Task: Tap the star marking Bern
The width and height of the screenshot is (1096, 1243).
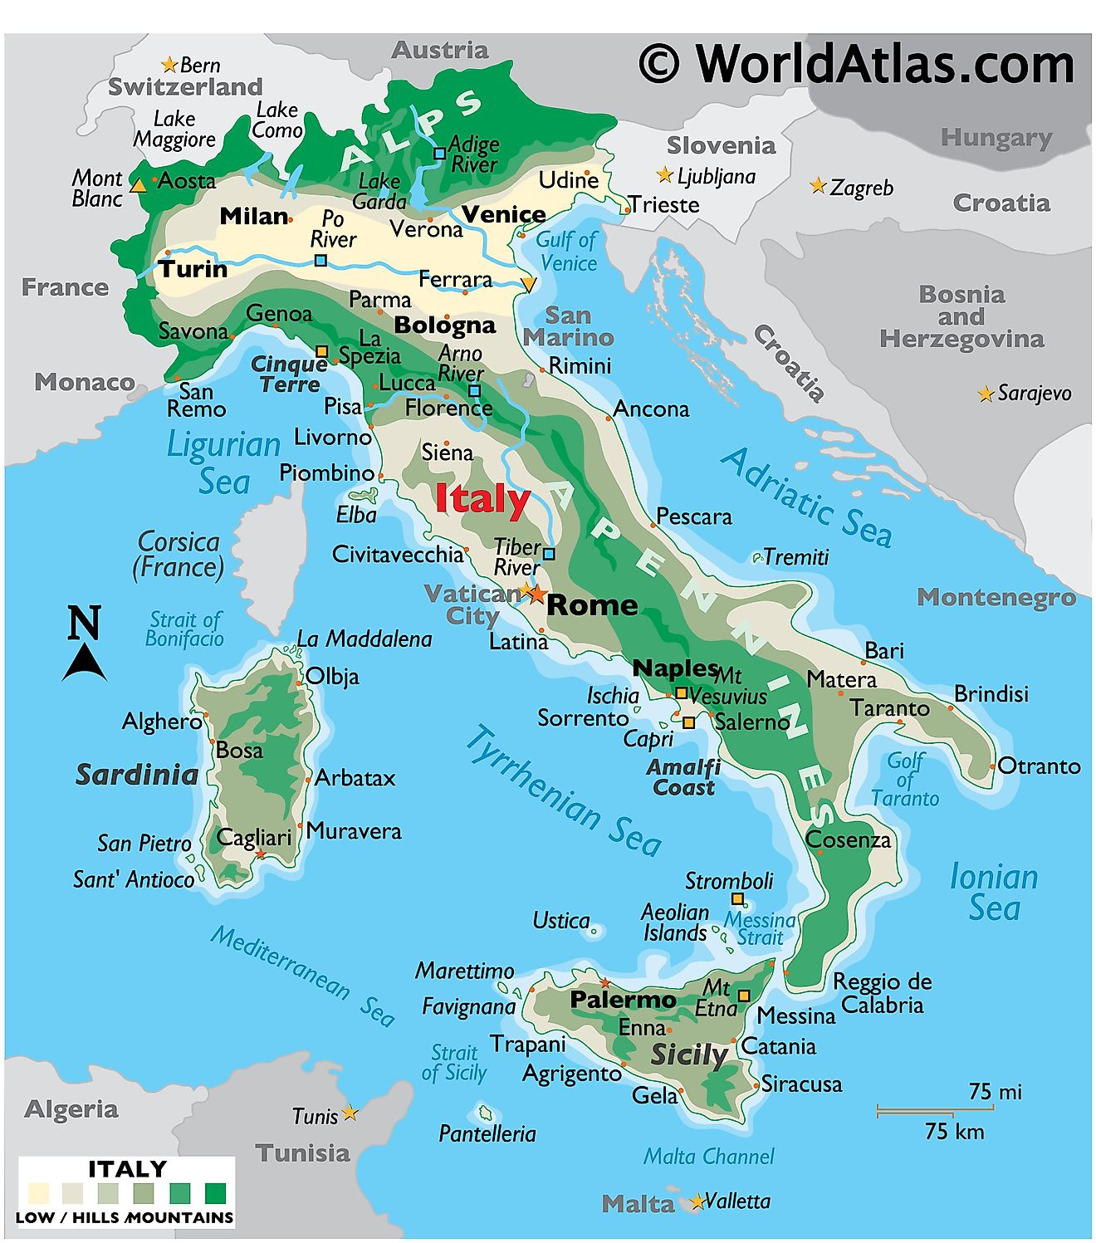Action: click(169, 65)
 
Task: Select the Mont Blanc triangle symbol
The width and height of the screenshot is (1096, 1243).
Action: click(139, 185)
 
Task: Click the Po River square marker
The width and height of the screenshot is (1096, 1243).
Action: click(320, 261)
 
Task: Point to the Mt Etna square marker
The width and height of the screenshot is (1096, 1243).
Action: click(744, 996)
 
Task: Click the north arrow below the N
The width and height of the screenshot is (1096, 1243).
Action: click(84, 663)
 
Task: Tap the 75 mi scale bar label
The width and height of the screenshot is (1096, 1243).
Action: click(995, 1091)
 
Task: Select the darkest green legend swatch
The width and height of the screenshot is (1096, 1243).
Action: click(216, 1193)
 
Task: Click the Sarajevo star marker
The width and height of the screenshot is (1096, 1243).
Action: click(986, 394)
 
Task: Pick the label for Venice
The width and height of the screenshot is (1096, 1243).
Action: click(503, 214)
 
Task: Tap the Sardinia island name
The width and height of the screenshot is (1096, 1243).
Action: click(137, 775)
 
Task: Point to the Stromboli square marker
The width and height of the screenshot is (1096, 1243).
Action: click(737, 899)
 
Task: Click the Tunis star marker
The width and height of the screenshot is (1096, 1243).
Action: click(350, 1113)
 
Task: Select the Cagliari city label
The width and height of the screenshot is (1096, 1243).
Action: click(254, 837)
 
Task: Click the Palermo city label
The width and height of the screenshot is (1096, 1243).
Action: click(623, 1000)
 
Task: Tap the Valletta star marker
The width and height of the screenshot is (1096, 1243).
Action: click(697, 1201)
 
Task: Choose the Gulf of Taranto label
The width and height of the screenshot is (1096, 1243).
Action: click(905, 780)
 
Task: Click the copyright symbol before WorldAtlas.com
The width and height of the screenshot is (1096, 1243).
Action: click(659, 64)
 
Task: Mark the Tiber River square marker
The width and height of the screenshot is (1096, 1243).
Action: click(549, 554)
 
